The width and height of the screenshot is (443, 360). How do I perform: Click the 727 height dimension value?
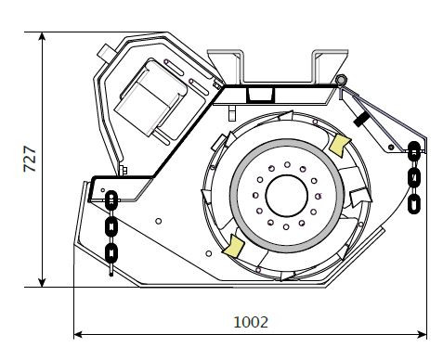31,159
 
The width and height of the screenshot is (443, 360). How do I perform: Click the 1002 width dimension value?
251,322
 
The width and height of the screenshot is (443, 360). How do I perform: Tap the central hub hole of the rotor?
287,196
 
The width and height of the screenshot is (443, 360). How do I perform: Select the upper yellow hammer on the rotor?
339,145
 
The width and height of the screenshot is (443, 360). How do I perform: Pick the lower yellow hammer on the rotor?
234,246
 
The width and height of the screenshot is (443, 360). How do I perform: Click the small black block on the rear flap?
361,120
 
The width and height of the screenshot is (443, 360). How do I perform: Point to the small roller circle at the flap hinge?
341,80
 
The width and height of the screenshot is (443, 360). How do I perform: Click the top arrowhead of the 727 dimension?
42,36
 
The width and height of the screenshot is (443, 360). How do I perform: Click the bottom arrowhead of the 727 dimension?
42,283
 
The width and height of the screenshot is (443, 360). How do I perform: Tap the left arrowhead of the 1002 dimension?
78,334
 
